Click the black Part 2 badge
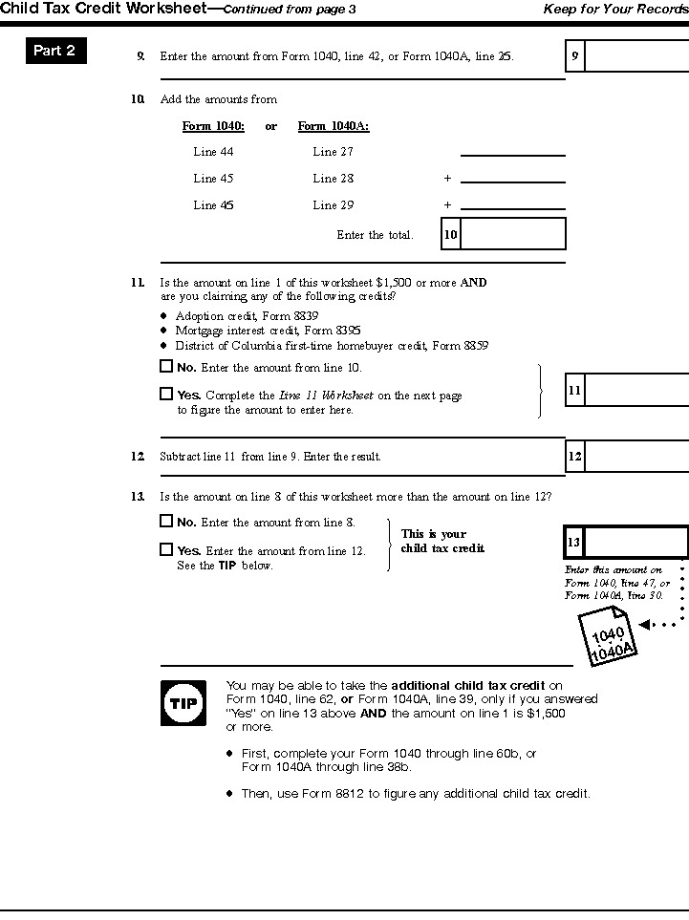(55, 52)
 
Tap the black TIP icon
(182, 704)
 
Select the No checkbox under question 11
(166, 366)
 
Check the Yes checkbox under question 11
(166, 394)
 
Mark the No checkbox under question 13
(166, 522)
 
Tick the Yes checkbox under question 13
(166, 549)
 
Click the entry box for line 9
(635, 56)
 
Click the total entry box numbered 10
(513, 234)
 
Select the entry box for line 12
(635, 457)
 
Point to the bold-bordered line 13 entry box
(635, 543)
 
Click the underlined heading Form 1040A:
(334, 126)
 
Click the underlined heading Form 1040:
(213, 126)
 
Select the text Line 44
(213, 152)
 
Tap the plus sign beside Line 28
(446, 179)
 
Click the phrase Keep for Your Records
(615, 9)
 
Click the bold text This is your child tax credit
(442, 542)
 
